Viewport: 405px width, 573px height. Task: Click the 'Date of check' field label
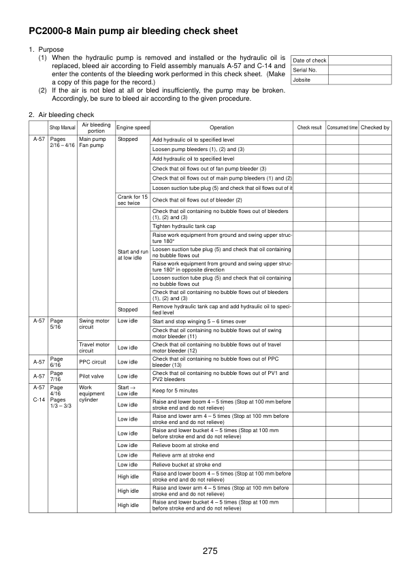click(x=309, y=61)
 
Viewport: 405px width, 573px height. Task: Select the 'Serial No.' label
click(x=304, y=70)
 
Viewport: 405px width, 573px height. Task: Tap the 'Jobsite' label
click(x=302, y=80)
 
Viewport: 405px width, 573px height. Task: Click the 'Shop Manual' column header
click(x=63, y=128)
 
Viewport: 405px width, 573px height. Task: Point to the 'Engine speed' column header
click(x=133, y=128)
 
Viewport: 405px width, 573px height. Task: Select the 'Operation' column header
click(x=221, y=128)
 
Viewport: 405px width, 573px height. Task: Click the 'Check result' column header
click(x=310, y=128)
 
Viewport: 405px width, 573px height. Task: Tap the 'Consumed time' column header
click(x=342, y=128)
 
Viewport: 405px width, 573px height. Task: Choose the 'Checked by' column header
click(x=375, y=128)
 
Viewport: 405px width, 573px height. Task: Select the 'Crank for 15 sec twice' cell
click(x=132, y=200)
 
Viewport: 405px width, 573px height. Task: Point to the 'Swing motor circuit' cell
click(x=94, y=323)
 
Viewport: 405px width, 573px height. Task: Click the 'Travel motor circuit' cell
click(x=94, y=348)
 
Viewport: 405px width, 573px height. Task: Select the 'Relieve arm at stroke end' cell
click(x=184, y=455)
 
